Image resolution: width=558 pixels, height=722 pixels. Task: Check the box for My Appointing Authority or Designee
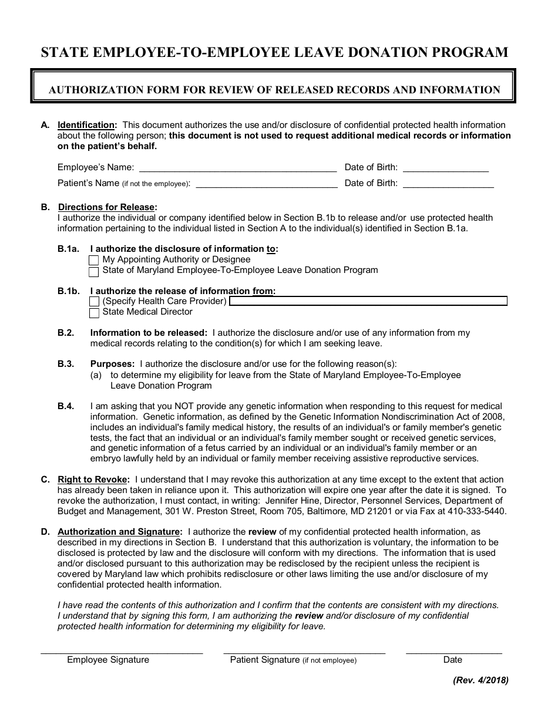point(94,260)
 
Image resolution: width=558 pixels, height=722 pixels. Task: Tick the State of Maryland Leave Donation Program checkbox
point(94,271)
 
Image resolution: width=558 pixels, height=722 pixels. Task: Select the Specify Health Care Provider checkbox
point(94,302)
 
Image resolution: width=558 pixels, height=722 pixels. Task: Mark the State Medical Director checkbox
point(94,313)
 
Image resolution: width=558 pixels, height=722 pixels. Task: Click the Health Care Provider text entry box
point(368,301)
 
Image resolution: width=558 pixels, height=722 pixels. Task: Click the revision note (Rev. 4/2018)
point(480,681)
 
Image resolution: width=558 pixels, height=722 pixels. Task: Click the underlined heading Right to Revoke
point(93,480)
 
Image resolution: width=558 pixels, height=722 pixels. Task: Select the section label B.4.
point(66,406)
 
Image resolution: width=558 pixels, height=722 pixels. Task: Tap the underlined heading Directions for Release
point(106,207)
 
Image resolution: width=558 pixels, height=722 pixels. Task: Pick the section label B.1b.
point(68,291)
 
